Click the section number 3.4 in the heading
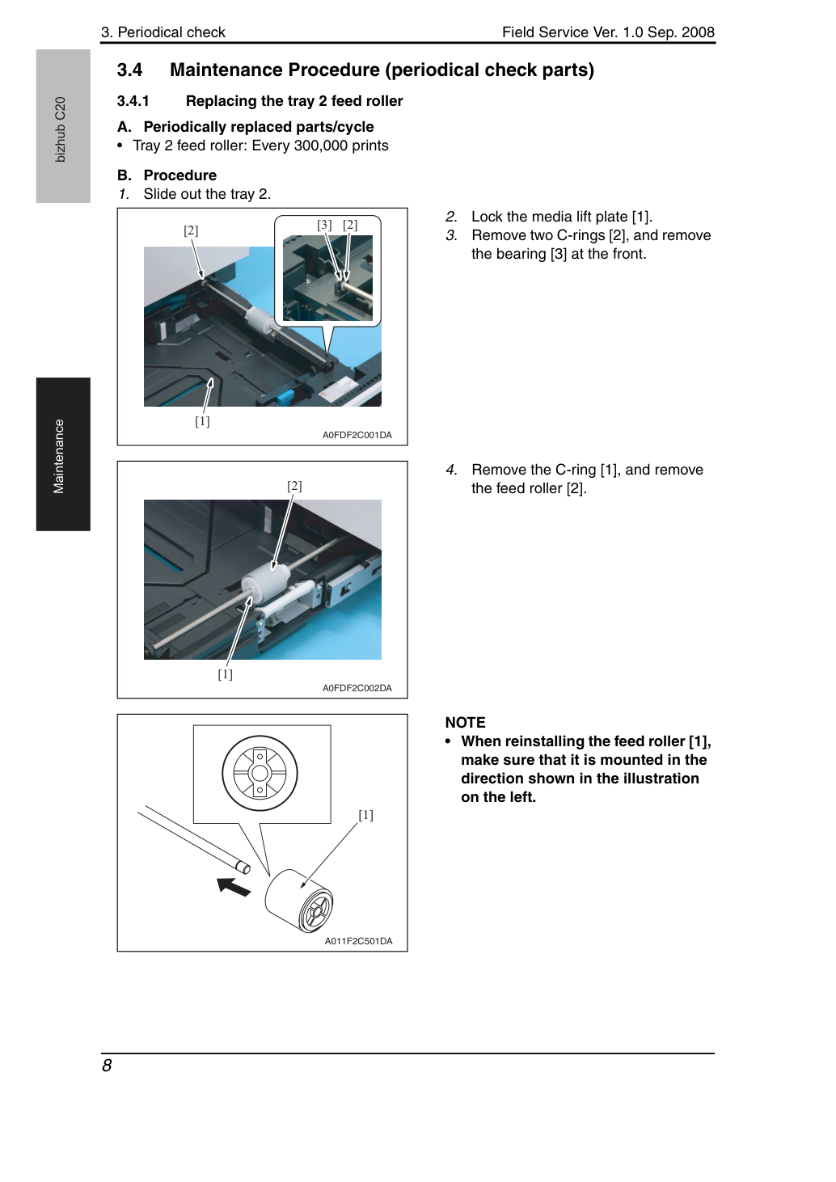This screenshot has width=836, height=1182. (x=129, y=70)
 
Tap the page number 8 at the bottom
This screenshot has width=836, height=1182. (x=107, y=1066)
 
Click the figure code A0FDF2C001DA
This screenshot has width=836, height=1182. (x=357, y=435)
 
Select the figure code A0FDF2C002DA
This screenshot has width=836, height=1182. (x=357, y=688)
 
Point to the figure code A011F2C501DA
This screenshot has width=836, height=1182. (x=358, y=941)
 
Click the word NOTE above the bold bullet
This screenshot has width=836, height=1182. (x=466, y=723)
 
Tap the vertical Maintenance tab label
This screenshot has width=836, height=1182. (x=58, y=457)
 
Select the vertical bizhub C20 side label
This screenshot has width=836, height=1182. (x=60, y=129)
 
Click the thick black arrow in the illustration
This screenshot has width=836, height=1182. (x=234, y=886)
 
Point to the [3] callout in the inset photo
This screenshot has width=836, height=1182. (x=324, y=225)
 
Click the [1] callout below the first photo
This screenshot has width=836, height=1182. (x=202, y=421)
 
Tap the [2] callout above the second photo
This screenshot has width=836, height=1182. (x=294, y=486)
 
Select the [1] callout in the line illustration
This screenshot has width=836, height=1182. (x=365, y=815)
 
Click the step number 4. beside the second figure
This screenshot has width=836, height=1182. (x=452, y=470)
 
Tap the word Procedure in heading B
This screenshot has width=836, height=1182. (x=180, y=175)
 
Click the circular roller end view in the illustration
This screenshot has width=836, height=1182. (x=260, y=773)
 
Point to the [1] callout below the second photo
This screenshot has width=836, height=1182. (x=226, y=674)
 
